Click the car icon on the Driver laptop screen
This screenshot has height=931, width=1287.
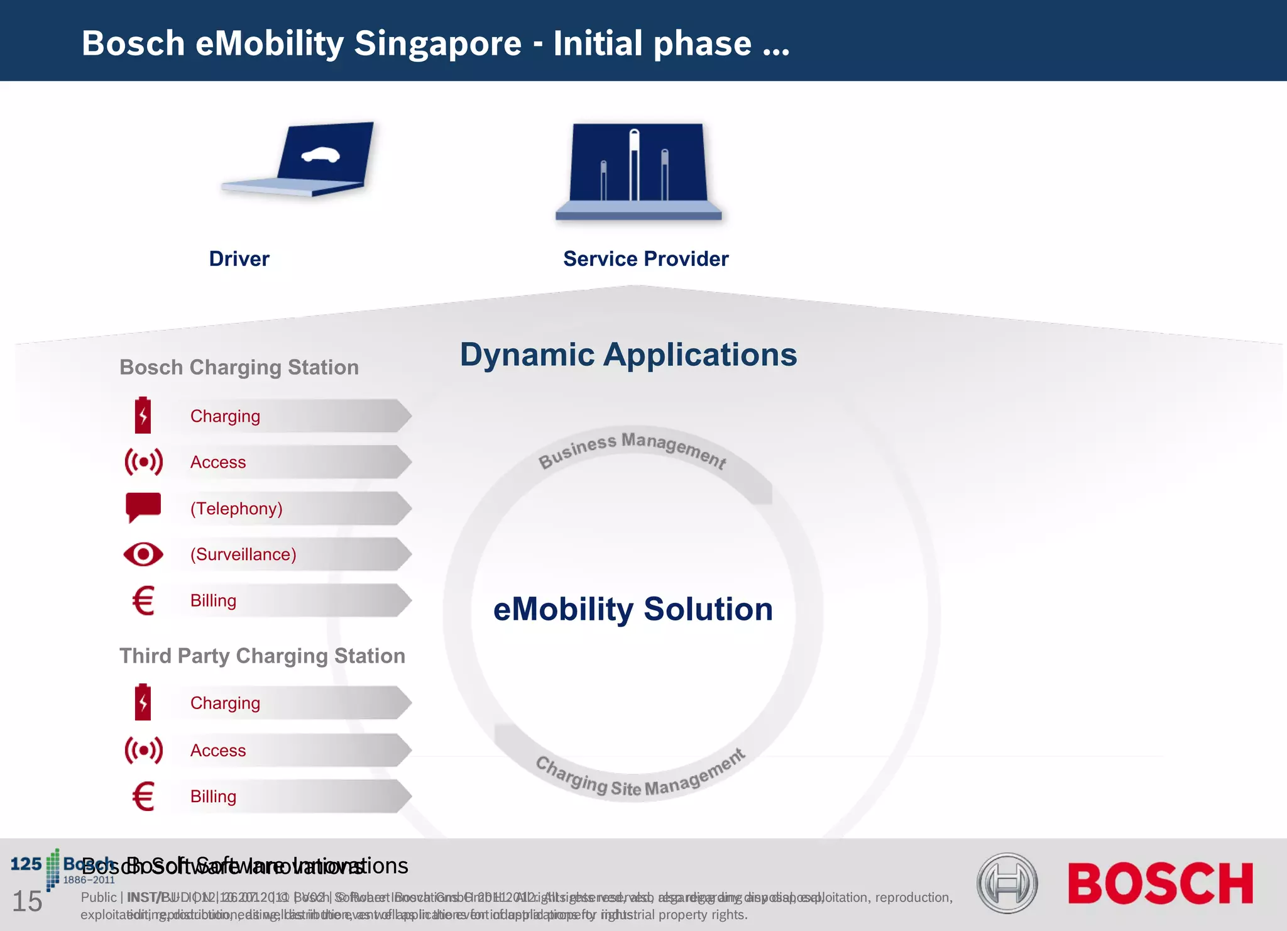point(320,154)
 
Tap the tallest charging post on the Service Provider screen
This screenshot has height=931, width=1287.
point(634,165)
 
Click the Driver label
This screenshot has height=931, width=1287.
point(239,258)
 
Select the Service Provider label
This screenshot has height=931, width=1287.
point(645,258)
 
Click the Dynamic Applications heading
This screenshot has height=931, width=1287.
point(628,355)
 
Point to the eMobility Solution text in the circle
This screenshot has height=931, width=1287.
point(633,609)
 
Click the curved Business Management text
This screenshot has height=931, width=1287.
point(632,448)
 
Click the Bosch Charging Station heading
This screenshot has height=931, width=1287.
point(239,367)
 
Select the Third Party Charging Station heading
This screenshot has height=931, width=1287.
point(262,656)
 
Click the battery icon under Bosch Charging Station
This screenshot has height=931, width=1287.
point(143,415)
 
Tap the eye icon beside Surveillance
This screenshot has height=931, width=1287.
point(143,554)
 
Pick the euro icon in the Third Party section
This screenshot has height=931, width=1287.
point(143,796)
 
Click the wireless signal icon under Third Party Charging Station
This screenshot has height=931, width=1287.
point(143,750)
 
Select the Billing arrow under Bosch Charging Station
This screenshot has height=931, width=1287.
point(289,600)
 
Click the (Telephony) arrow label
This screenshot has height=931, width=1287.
point(236,508)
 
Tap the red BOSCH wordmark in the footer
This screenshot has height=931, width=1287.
point(1160,883)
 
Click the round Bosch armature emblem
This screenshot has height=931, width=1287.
point(1007,883)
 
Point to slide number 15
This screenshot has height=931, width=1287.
point(27,901)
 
